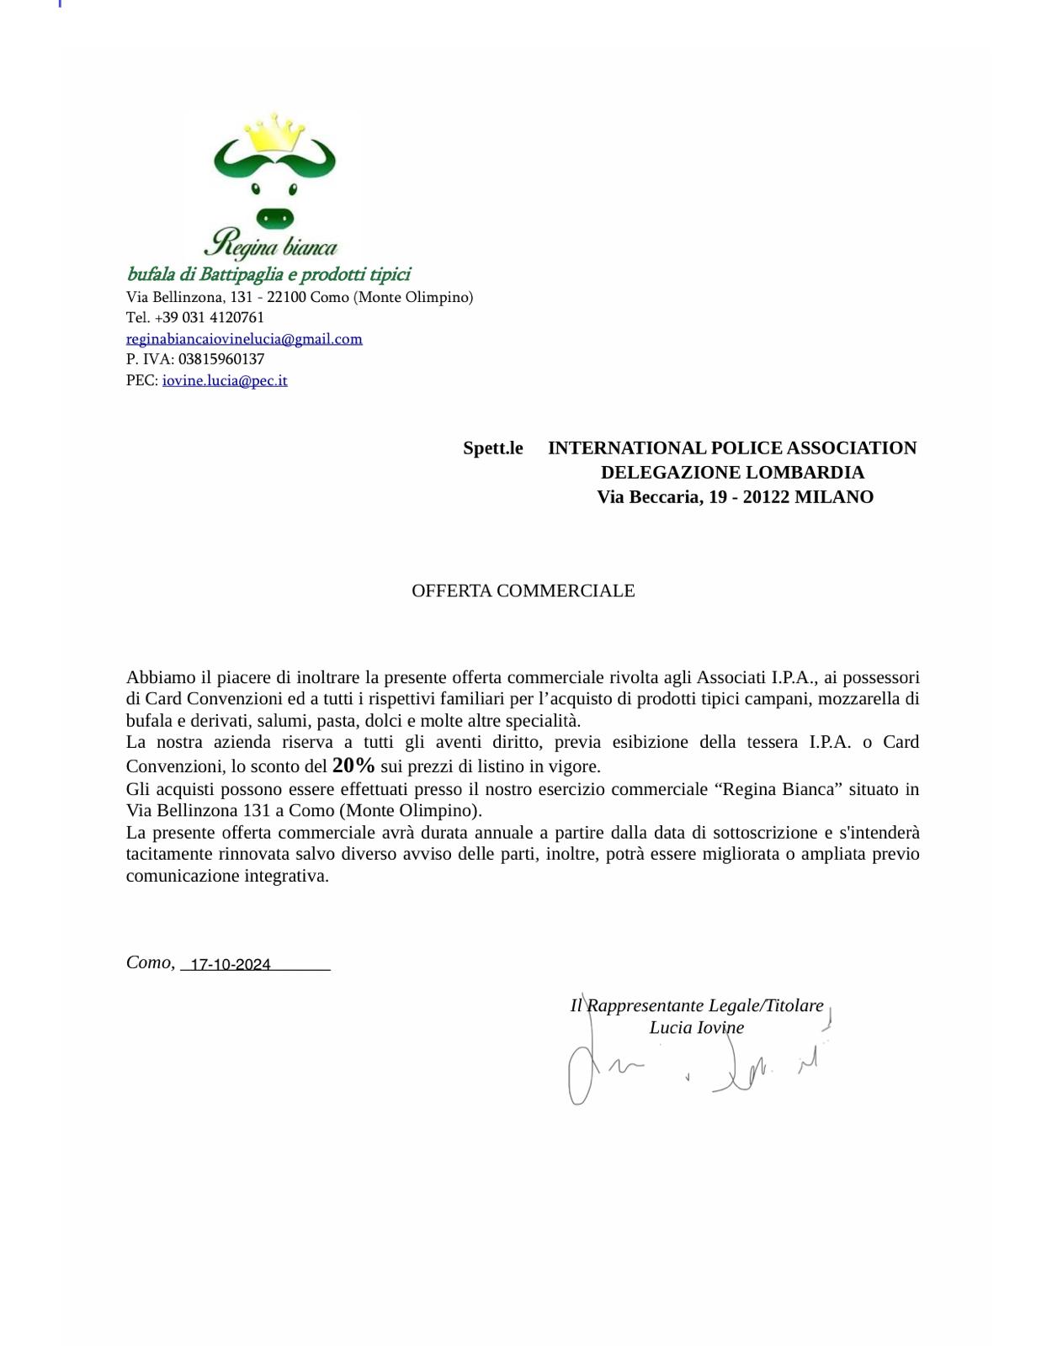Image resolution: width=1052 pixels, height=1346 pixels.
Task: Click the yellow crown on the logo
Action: tap(274, 134)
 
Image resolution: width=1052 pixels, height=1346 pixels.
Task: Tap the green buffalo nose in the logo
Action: tap(274, 218)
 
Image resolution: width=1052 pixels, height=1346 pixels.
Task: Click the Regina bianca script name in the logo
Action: tap(271, 244)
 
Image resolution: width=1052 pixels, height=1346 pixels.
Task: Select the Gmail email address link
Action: tap(244, 339)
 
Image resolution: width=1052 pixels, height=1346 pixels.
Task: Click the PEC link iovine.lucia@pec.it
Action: tap(225, 380)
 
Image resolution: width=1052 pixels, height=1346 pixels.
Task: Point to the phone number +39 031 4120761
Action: tap(210, 318)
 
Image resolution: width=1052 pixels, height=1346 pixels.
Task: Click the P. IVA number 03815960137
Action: tap(221, 359)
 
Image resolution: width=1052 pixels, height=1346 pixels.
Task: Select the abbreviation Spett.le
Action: tap(492, 448)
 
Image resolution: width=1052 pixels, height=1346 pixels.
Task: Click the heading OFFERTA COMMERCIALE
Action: tap(523, 591)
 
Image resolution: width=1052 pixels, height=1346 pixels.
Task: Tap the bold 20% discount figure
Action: tap(353, 766)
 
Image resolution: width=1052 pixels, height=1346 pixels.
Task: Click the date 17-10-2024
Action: tap(231, 965)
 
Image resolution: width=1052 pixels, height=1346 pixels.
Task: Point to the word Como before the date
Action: tap(149, 962)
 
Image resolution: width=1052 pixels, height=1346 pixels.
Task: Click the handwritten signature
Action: tap(690, 1068)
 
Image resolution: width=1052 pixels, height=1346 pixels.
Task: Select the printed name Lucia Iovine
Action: tap(696, 1028)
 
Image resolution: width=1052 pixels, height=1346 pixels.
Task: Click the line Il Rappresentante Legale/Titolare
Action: tap(697, 1006)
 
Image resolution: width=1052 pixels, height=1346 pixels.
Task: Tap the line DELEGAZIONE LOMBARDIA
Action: tap(732, 473)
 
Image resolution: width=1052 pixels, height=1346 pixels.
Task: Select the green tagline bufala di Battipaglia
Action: tap(268, 274)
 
